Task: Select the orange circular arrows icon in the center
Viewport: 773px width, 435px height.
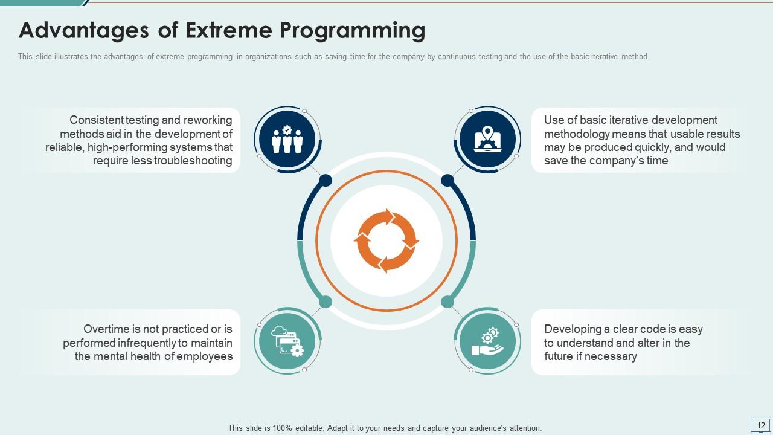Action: tap(386, 240)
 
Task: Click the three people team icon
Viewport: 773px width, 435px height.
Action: tap(287, 139)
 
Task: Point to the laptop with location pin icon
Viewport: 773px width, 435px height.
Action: tap(487, 139)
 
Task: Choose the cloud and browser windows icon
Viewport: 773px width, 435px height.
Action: tap(287, 341)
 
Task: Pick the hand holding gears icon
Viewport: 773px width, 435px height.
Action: tap(487, 341)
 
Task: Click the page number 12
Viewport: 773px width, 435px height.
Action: tap(761, 425)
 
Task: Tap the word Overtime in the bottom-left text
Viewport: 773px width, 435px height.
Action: tap(107, 329)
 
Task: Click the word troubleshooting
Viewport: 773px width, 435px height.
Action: tap(193, 161)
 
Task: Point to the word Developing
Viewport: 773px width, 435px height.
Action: tap(573, 329)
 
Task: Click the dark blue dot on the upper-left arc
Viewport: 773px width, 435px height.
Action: tap(326, 180)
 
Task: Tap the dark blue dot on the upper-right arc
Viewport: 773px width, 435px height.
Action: tap(447, 180)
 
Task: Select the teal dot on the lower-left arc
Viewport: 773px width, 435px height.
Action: tap(326, 301)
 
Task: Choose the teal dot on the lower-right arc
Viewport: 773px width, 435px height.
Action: tap(447, 301)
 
